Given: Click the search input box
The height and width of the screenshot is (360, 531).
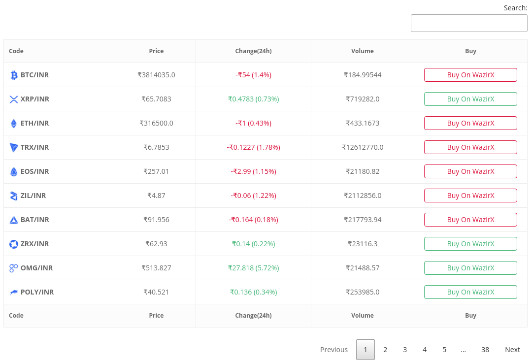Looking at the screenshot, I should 469,23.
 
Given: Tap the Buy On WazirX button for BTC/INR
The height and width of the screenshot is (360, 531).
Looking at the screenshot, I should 470,75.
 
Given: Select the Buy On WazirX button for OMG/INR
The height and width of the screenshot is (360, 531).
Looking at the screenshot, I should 470,268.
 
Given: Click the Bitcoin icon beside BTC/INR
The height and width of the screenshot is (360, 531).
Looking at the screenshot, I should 14,75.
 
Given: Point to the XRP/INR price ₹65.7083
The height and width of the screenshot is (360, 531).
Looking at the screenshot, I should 156,99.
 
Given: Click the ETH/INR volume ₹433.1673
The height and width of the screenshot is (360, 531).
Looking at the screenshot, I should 363,123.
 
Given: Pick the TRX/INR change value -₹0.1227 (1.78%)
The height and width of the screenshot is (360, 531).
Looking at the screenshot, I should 253,147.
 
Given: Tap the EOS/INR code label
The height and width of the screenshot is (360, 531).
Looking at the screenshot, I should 34,171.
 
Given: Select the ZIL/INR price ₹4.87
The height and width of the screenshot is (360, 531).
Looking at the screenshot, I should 156,196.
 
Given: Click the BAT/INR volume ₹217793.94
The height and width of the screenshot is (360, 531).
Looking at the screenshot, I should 363,220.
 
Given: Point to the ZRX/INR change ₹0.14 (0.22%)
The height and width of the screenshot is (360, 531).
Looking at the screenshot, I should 253,244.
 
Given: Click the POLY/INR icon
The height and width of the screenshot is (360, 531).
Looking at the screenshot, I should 14,292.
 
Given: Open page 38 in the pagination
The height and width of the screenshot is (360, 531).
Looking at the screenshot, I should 485,350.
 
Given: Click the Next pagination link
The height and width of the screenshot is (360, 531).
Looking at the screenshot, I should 512,350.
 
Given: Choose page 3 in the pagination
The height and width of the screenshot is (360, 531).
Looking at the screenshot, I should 405,350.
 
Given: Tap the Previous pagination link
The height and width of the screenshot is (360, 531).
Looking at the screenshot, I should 334,350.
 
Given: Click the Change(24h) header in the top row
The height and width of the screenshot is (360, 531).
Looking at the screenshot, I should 253,51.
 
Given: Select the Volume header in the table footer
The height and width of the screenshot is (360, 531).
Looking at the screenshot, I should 363,315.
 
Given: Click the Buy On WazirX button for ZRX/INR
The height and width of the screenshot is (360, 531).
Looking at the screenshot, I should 470,244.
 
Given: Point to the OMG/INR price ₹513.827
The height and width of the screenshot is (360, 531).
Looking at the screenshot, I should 156,268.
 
